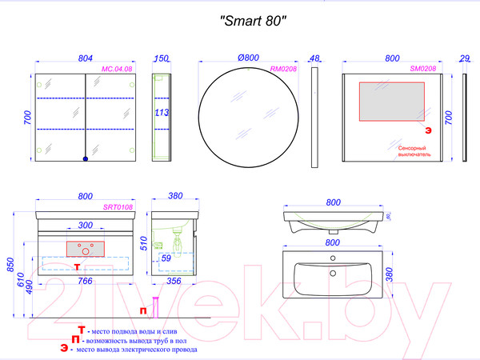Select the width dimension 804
click(86, 59)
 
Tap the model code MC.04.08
click(117, 70)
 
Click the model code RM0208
click(283, 70)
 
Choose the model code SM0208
click(423, 70)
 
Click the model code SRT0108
click(117, 206)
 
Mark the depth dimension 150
click(162, 59)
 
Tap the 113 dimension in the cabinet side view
click(161, 113)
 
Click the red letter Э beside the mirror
click(427, 130)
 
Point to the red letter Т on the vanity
click(77, 265)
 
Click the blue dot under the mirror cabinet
click(86, 158)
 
